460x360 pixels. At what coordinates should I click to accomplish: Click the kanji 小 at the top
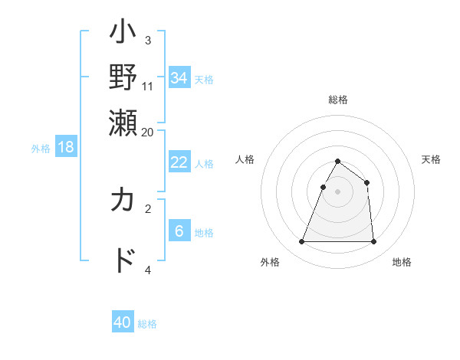coord(123,34)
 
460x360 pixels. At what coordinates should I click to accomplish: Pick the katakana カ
coord(123,201)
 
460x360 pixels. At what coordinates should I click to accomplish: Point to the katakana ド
coord(123,260)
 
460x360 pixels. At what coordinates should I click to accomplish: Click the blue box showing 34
coord(179,77)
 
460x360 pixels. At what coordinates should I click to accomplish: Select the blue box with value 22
coord(179,162)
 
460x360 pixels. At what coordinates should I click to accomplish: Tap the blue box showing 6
coord(179,231)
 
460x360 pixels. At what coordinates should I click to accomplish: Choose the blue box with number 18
coord(66,147)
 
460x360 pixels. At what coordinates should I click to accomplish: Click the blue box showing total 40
coord(123,322)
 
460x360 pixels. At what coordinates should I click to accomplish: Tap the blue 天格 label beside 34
coord(204,79)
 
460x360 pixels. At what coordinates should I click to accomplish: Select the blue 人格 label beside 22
coord(204,163)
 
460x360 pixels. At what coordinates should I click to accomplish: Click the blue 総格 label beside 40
coord(147,324)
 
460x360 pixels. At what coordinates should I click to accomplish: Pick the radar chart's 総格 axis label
coord(337,100)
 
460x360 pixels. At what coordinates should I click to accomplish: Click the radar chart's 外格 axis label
coord(270,262)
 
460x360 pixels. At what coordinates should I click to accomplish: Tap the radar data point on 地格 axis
coord(373,242)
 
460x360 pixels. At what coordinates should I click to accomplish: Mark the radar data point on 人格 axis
coord(324,187)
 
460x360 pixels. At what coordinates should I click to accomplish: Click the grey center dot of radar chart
coord(337,191)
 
